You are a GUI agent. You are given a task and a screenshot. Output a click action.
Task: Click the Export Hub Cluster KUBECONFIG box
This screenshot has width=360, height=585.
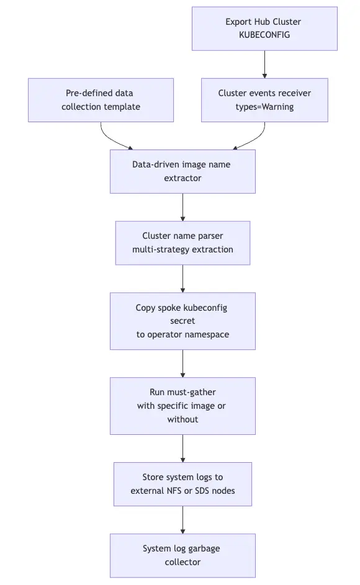click(x=264, y=29)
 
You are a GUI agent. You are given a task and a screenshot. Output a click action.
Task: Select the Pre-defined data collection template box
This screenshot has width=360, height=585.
click(x=101, y=100)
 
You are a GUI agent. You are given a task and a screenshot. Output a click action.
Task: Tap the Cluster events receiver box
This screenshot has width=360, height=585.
click(x=264, y=100)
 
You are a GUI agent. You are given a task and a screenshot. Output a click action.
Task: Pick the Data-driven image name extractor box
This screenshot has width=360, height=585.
click(x=182, y=172)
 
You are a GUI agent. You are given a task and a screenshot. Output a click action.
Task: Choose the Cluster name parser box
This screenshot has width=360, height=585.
click(x=182, y=243)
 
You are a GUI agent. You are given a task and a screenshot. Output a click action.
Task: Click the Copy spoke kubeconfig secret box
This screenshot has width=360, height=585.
click(x=182, y=321)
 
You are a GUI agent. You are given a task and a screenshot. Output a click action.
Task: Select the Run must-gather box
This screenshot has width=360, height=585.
click(x=182, y=406)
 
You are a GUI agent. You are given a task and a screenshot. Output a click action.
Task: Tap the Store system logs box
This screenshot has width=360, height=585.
click(x=182, y=485)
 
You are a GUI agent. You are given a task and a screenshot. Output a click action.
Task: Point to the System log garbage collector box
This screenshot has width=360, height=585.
click(x=182, y=555)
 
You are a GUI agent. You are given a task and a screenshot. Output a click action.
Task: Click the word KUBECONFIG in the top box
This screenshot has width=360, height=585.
click(x=264, y=35)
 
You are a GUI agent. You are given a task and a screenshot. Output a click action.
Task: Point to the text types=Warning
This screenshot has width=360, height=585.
click(x=264, y=107)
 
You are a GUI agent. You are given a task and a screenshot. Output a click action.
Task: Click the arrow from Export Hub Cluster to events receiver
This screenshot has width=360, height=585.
click(x=264, y=64)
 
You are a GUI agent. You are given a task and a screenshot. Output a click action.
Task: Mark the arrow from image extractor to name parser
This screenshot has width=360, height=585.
click(x=182, y=207)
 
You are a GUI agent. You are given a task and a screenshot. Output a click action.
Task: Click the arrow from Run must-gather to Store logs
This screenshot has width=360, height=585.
click(x=182, y=449)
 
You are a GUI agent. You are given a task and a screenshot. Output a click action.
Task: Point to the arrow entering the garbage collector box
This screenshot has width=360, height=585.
click(x=182, y=520)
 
